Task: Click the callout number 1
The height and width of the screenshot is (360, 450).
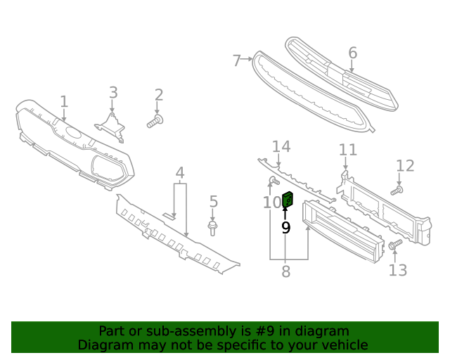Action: coord(64,103)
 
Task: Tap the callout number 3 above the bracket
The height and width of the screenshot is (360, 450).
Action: coord(113,93)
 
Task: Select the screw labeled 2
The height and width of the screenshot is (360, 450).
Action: coord(155,122)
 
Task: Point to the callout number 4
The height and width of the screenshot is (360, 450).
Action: coord(180,173)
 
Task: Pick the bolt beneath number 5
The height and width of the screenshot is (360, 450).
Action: coord(212,226)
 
